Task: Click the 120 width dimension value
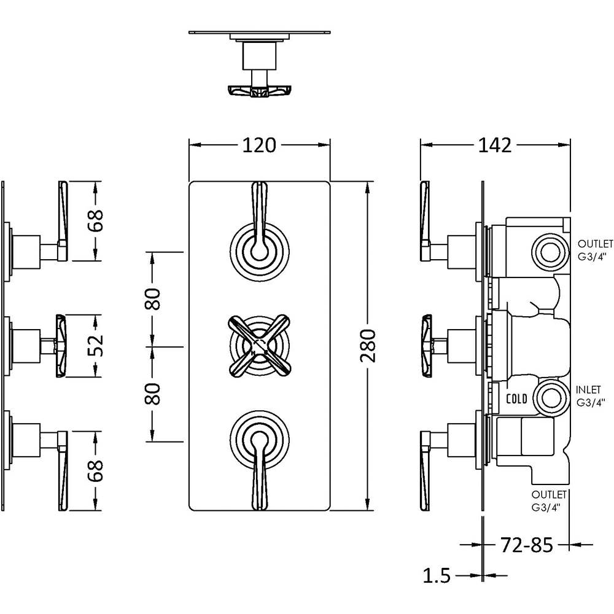click(x=258, y=146)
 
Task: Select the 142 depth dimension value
click(x=495, y=146)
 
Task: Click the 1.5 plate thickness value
click(x=437, y=576)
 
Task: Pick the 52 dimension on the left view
click(x=95, y=345)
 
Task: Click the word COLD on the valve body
click(x=516, y=399)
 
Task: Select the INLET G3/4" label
click(x=591, y=397)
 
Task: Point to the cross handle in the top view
click(x=258, y=91)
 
